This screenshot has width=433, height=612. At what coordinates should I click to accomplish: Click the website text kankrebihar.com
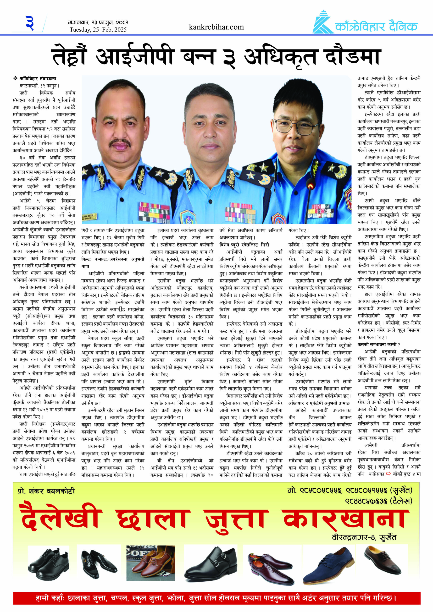[x=216, y=27]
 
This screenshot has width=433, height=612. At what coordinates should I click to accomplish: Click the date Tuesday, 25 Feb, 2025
[x=98, y=30]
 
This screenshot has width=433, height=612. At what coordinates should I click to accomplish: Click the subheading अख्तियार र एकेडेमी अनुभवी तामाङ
[x=319, y=403]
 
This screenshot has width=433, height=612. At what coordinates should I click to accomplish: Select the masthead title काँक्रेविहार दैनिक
[x=376, y=26]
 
